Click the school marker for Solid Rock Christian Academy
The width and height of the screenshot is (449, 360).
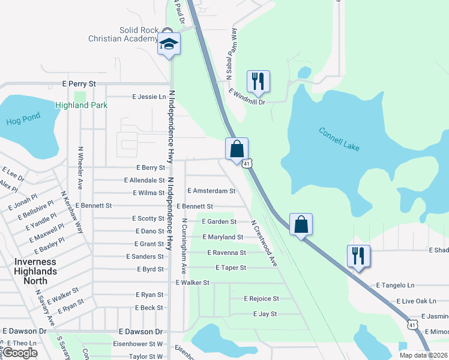[x=169, y=44]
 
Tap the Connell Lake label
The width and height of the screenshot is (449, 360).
[x=339, y=140]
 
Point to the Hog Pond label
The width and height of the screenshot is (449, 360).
[x=23, y=119]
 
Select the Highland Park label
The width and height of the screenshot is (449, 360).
[x=81, y=105]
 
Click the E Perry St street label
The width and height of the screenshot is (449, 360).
[x=79, y=85]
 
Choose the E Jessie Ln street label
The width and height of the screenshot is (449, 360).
[x=149, y=97]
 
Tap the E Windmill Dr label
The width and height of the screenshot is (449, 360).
[x=247, y=97]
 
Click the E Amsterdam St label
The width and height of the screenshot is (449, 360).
[x=211, y=191]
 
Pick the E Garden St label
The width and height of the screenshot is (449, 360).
[x=219, y=221]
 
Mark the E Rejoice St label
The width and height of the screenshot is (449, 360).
[x=261, y=298]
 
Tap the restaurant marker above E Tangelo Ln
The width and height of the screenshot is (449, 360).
[x=358, y=256]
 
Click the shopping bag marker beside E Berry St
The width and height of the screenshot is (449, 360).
[x=237, y=148]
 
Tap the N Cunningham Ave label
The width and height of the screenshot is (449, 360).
[x=185, y=243]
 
